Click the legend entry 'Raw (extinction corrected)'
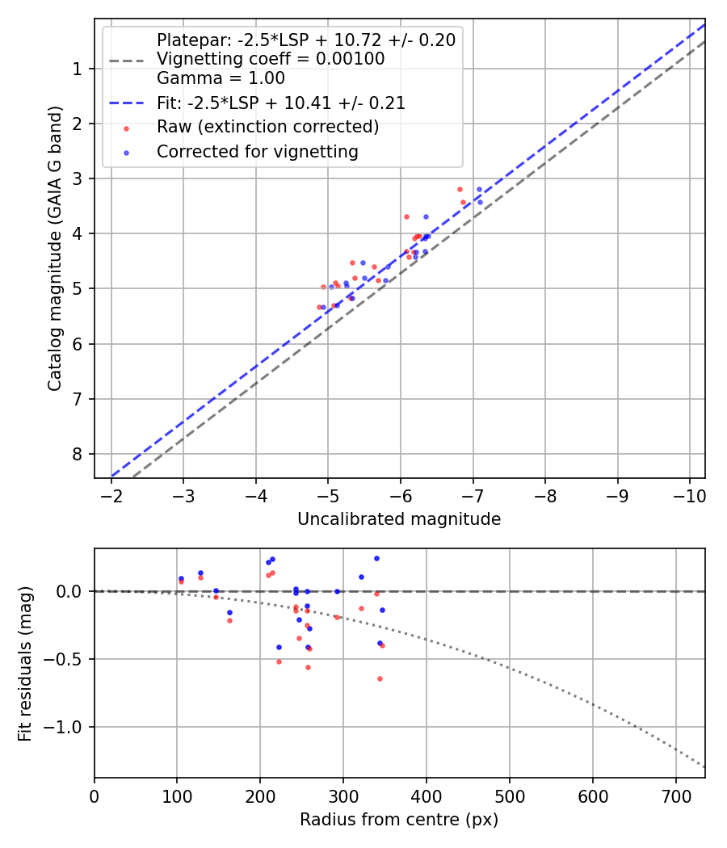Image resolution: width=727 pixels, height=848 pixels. click(267, 127)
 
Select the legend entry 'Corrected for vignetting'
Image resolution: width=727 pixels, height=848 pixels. click(257, 152)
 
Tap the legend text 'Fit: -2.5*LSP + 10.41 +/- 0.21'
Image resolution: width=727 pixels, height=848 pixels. click(280, 103)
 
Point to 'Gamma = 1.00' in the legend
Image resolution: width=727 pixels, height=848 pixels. click(221, 78)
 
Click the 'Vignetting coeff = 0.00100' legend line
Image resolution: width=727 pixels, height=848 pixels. click(271, 59)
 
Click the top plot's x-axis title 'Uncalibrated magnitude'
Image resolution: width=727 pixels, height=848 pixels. click(399, 519)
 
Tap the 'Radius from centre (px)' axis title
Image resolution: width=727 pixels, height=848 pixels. click(399, 820)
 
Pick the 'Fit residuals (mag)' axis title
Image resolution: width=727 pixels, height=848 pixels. click(25, 663)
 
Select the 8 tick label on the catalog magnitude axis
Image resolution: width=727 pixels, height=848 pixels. click(78, 454)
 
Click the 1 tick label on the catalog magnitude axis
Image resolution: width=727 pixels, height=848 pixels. click(78, 69)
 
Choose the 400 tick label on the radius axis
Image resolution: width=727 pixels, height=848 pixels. click(427, 798)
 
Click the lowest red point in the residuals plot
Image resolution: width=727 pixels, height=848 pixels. click(380, 678)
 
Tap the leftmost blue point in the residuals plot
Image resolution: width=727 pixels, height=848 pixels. click(181, 578)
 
